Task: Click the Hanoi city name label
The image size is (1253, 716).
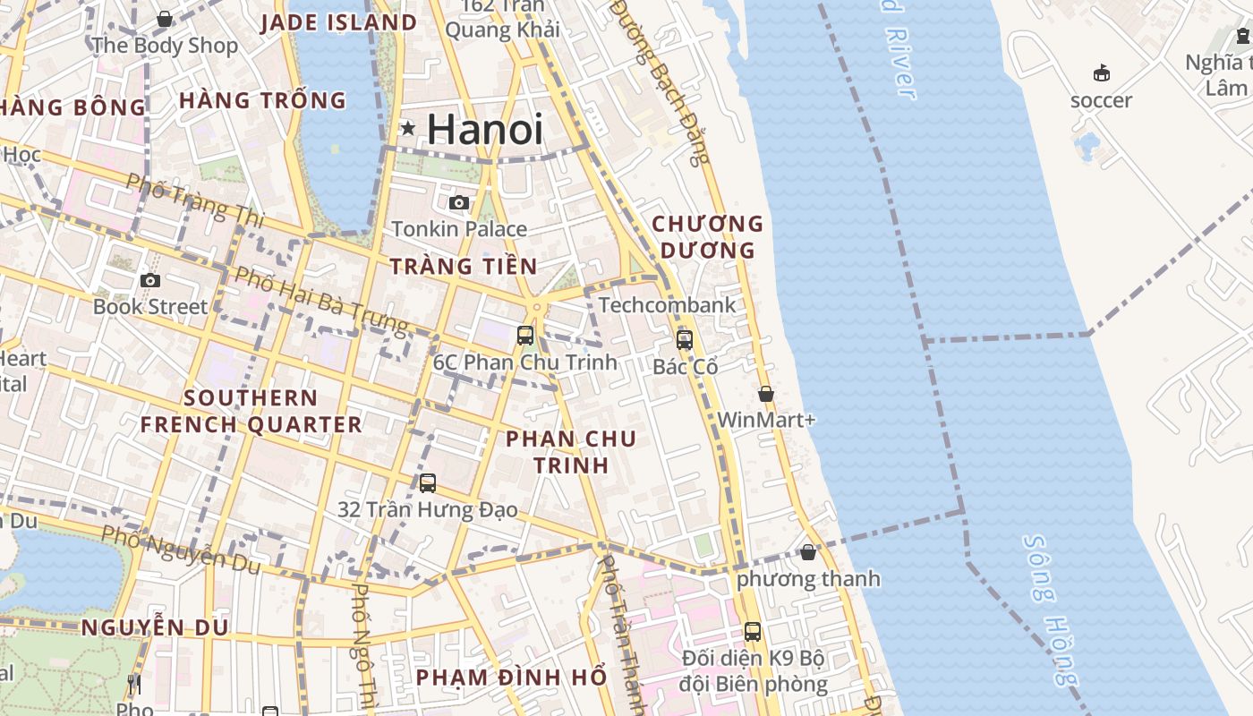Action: (x=485, y=130)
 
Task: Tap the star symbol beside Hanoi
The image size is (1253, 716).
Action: (x=408, y=128)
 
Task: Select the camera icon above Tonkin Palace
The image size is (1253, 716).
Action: (x=459, y=203)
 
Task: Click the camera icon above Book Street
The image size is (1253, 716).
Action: (x=150, y=281)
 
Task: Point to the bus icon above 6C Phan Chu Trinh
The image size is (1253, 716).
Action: (x=525, y=336)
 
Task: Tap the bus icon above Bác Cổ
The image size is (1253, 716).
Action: (x=685, y=340)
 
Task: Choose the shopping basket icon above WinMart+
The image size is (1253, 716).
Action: (x=766, y=394)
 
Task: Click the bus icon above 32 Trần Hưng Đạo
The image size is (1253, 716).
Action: (x=428, y=483)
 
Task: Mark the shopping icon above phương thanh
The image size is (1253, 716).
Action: (x=808, y=552)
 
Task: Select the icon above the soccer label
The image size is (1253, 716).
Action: (x=1102, y=73)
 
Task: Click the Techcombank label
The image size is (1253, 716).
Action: (x=668, y=305)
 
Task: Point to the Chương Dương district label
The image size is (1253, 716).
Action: (x=708, y=237)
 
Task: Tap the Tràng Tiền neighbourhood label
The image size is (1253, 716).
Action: (x=464, y=266)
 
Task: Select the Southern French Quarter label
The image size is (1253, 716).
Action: (x=251, y=411)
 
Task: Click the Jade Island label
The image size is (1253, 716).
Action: (x=339, y=23)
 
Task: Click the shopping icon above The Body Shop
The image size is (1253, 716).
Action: (x=165, y=19)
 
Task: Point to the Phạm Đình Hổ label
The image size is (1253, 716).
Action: (x=512, y=678)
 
